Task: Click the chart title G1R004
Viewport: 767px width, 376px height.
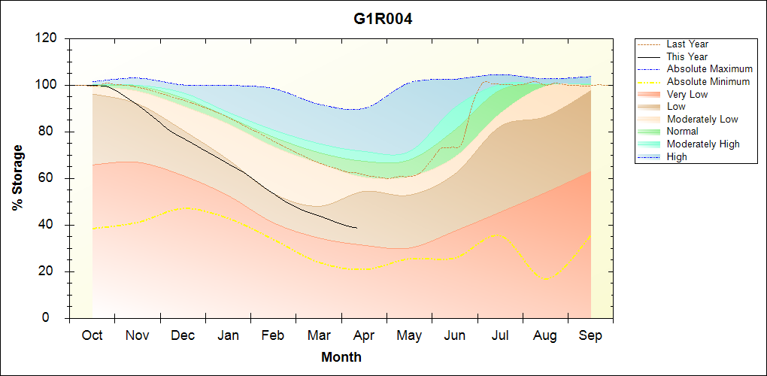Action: click(x=383, y=19)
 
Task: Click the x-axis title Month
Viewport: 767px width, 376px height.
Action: click(x=341, y=357)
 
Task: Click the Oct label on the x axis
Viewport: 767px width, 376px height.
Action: click(x=92, y=335)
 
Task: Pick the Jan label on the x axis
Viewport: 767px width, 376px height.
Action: click(x=228, y=335)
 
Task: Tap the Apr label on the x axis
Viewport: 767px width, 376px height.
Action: click(x=364, y=335)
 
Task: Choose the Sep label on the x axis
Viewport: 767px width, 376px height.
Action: click(x=590, y=335)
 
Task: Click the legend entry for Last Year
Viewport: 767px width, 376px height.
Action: click(x=687, y=44)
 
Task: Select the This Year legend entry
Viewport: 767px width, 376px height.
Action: click(x=687, y=56)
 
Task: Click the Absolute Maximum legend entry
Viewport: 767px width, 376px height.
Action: click(x=709, y=69)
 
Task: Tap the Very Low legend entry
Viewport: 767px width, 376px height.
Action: click(x=687, y=94)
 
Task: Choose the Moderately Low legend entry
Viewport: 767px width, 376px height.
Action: click(x=702, y=120)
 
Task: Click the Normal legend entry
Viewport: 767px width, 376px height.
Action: click(x=683, y=132)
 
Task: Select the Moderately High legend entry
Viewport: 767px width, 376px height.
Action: click(x=703, y=144)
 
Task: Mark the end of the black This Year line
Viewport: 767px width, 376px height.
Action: click(x=356, y=228)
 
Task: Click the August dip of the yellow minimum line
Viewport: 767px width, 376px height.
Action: click(x=545, y=279)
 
